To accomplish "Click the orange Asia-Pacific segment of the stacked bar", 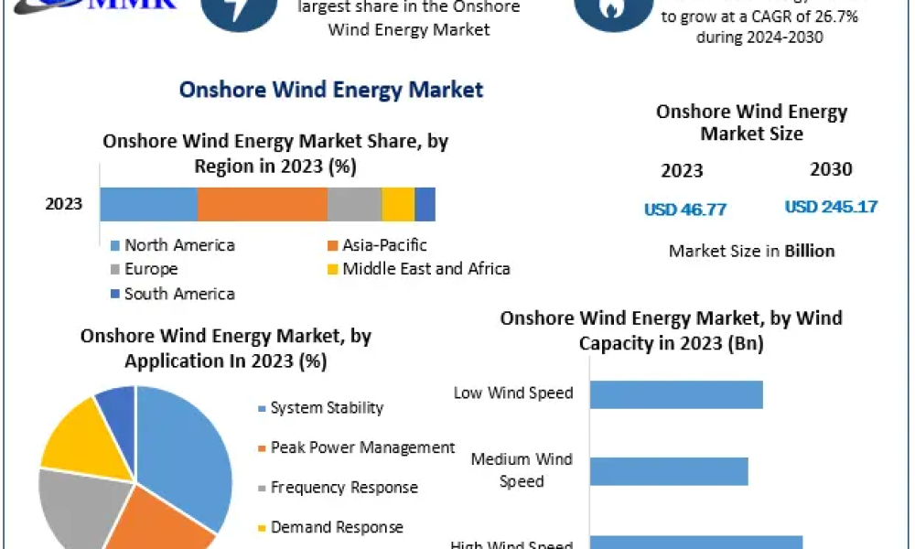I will click(x=262, y=204).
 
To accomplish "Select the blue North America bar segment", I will click(x=148, y=204).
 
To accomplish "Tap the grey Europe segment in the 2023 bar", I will click(x=354, y=204).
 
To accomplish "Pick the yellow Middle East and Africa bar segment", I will click(x=398, y=204).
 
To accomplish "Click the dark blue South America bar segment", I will click(x=425, y=204).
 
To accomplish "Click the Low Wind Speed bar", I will click(x=675, y=394).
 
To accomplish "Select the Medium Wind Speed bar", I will click(x=668, y=471).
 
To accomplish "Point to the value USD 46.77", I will click(x=685, y=210).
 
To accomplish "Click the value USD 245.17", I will click(x=831, y=207).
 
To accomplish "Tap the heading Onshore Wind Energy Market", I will click(x=331, y=90).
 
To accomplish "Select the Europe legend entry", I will click(x=151, y=269).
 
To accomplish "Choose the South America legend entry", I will click(x=179, y=294).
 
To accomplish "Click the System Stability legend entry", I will click(x=327, y=408).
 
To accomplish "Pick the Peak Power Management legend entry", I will click(x=362, y=447).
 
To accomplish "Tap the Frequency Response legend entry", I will click(x=344, y=488).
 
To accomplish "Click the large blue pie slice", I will click(x=188, y=448).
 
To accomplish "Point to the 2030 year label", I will click(x=831, y=169).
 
